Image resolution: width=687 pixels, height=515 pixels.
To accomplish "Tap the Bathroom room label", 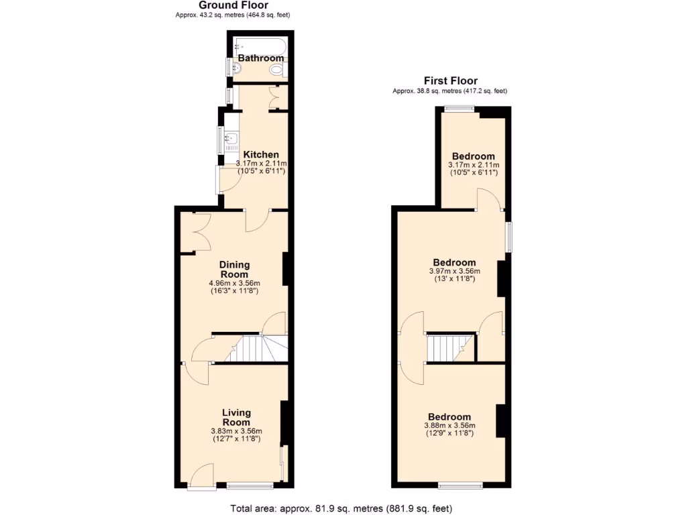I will coord(261,58).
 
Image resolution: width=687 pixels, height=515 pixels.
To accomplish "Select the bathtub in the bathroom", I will coord(260,46).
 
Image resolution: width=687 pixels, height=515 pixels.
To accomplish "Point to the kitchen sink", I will coord(231,140).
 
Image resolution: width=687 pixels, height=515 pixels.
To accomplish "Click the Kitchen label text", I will coord(261,155).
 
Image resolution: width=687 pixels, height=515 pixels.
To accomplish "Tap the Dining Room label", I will coord(234,270).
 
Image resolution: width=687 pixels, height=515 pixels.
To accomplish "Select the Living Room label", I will coord(237,417).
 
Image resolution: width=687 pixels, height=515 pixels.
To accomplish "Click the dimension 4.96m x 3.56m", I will coord(234,283).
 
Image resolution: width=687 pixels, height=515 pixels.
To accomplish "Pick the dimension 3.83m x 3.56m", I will coord(237,431).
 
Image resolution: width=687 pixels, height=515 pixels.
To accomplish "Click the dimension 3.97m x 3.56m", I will coord(454,271).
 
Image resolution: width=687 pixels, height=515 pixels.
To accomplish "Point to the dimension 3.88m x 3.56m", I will coord(450,425).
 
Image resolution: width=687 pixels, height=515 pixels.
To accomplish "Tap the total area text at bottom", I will coord(346,508).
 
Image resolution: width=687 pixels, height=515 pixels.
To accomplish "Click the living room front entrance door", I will coord(198,477).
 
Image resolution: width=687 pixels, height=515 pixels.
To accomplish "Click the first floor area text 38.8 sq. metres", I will coord(450,91).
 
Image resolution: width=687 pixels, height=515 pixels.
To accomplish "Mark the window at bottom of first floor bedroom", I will coord(461,484).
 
